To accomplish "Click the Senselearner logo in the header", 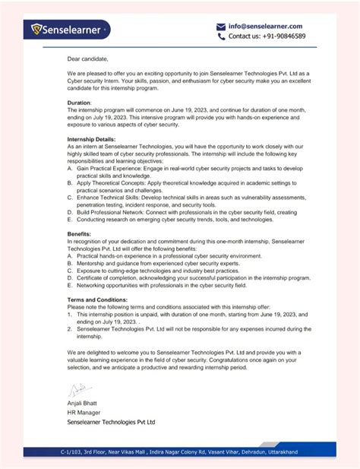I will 70,30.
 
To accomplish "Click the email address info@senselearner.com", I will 264,26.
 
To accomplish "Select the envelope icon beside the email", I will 221,26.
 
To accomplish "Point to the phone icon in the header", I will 221,36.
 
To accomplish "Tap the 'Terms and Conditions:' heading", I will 99,300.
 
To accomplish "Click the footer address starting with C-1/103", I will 179,452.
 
